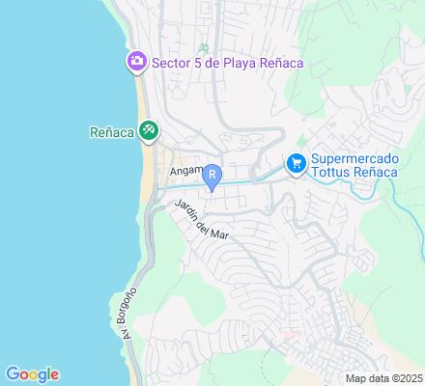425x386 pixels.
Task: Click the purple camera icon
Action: (136, 63)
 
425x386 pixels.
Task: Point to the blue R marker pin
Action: (212, 176)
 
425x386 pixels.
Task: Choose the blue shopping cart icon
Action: (297, 164)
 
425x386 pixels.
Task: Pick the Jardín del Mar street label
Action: (202, 219)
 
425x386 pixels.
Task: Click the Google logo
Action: (32, 374)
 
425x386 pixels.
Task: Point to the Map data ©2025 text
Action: (384, 377)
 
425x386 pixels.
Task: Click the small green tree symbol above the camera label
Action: (203, 47)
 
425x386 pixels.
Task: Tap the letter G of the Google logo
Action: (13, 374)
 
